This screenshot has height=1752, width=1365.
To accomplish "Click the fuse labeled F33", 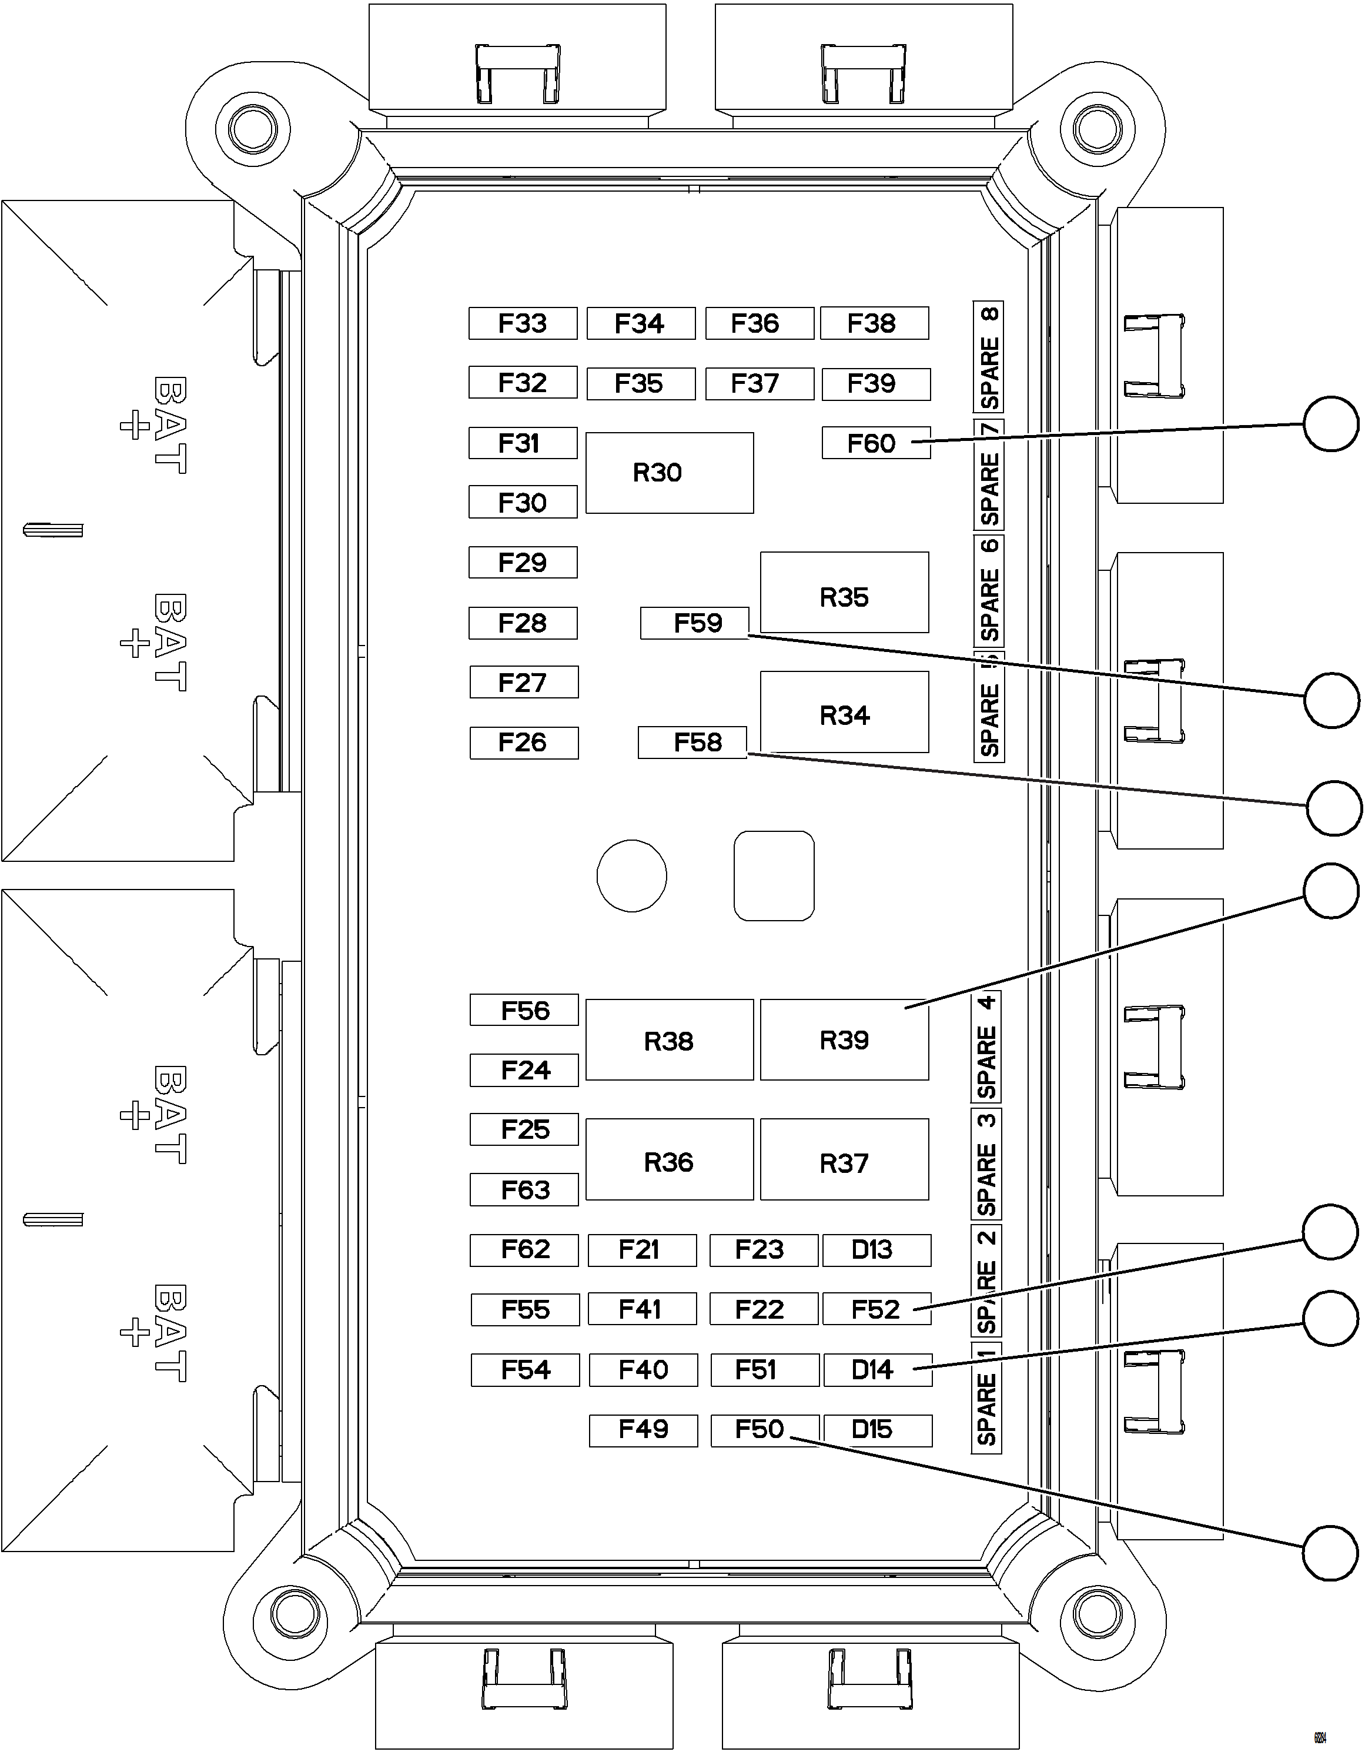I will tap(523, 323).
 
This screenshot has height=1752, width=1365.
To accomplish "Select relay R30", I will tap(669, 473).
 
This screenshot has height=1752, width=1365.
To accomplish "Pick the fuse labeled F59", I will tap(694, 623).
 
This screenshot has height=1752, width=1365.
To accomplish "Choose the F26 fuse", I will tap(524, 743).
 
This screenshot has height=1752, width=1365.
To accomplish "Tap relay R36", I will tap(669, 1160).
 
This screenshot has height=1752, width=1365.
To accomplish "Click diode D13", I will tap(876, 1250).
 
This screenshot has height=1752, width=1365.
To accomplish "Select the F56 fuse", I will tap(524, 1010).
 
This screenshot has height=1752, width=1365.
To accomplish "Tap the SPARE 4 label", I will tap(986, 1048).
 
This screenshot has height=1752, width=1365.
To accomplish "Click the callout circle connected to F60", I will tap(1330, 423).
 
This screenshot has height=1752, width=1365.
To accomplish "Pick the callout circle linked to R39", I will tap(1330, 891).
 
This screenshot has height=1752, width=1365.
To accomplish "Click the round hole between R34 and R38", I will tap(631, 876).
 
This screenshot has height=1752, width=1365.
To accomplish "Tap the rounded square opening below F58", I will tap(774, 876).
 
